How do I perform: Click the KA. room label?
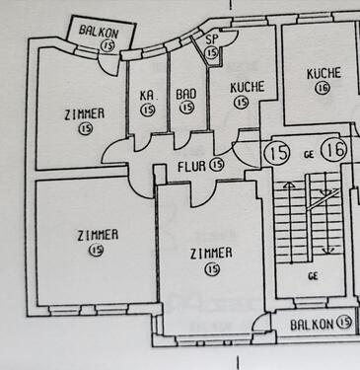point(148,95)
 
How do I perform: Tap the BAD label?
point(186,95)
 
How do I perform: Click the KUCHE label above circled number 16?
point(323,74)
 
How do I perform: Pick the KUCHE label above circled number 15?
point(247,87)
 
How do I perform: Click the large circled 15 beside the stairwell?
point(277,152)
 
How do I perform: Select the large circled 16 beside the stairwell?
point(333,151)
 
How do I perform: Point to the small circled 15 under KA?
point(148,110)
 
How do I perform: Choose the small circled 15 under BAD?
point(186,109)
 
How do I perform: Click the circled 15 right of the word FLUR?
point(217,166)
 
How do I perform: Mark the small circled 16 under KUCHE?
point(323,89)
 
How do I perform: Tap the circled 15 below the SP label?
point(212,51)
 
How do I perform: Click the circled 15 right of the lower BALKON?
point(343,322)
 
